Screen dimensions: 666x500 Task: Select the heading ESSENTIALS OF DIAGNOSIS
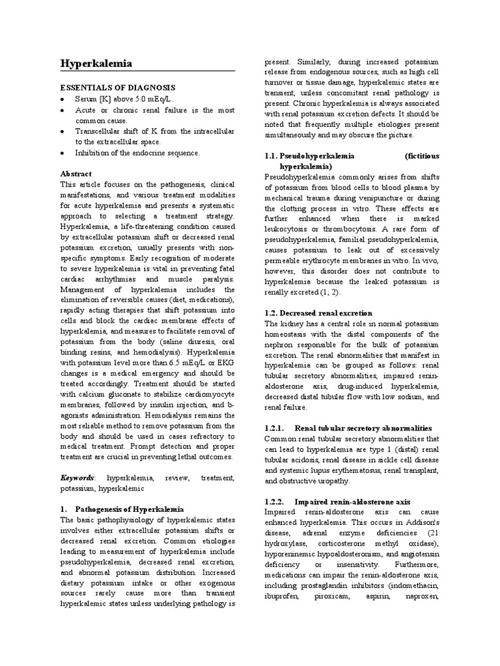click(118, 87)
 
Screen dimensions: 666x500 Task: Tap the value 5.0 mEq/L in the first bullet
click(153, 100)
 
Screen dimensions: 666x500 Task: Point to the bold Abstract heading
click(76, 174)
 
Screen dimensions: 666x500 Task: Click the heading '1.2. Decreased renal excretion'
click(318, 313)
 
